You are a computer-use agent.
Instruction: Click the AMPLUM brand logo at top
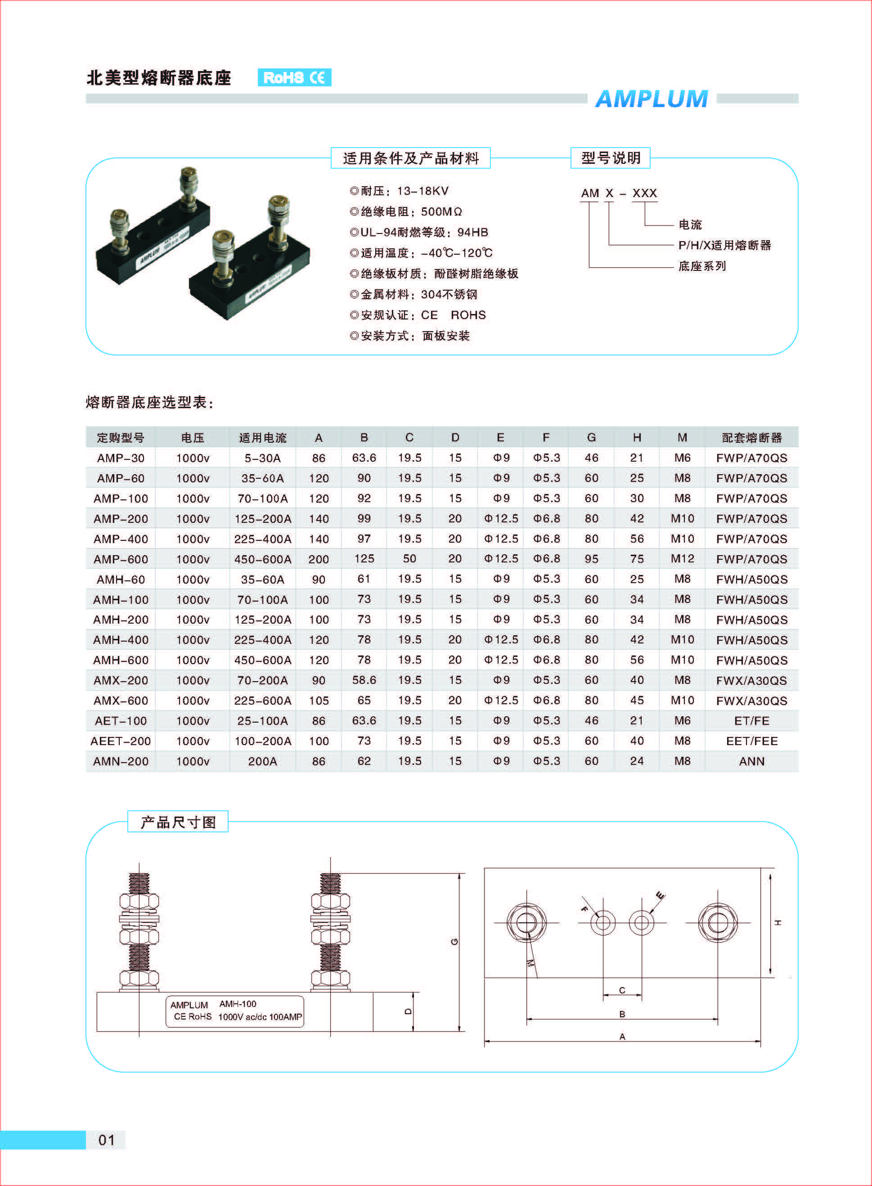point(652,99)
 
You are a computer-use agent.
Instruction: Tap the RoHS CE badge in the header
point(294,77)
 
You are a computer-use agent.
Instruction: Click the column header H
point(637,438)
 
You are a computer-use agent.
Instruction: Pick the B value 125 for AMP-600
point(364,558)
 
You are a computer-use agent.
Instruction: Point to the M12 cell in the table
point(682,558)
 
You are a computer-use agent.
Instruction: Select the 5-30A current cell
point(262,458)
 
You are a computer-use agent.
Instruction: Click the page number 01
point(106,1140)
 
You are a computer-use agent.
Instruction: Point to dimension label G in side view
point(454,942)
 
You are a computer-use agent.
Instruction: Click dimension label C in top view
point(622,990)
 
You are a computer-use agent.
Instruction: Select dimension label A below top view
point(622,1037)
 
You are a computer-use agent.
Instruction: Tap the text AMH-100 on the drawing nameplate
point(238,1004)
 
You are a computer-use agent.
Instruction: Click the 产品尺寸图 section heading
point(178,822)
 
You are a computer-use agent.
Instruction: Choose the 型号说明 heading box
point(610,158)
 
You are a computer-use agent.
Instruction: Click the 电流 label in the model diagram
point(689,225)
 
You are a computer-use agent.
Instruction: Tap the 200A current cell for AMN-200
point(262,761)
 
